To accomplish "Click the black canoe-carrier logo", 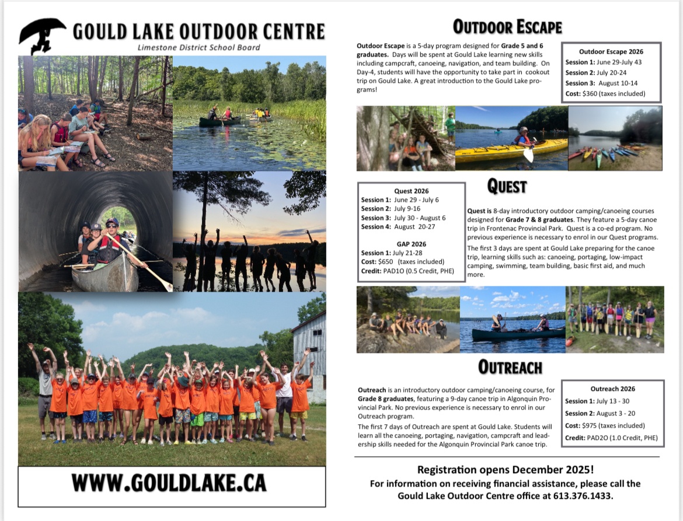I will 42,35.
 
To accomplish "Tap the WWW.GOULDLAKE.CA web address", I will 169,484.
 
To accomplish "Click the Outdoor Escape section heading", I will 507,27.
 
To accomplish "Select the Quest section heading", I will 507,187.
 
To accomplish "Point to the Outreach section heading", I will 510,367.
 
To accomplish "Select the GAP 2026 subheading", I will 411,244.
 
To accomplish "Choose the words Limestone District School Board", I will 198,47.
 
